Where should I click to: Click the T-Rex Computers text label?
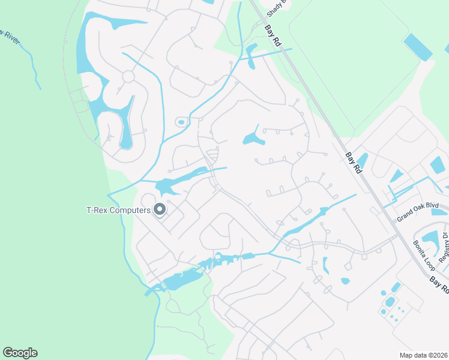[118, 210]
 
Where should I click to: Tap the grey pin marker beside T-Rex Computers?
[160, 209]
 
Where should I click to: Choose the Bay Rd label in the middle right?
[354, 163]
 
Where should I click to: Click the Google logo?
[20, 353]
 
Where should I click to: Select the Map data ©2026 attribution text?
[423, 355]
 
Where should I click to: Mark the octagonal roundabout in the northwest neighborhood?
[128, 76]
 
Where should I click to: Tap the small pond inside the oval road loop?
[181, 122]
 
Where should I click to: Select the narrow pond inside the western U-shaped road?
[126, 126]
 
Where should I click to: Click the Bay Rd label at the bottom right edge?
[440, 284]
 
